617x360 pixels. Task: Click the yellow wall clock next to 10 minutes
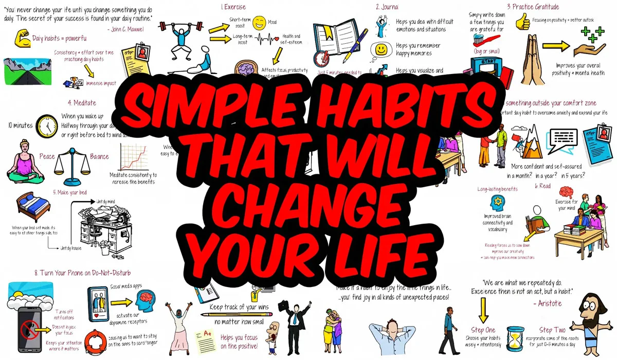tap(47, 125)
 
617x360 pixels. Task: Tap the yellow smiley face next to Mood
tap(259, 23)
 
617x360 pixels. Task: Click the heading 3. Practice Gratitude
tap(532, 7)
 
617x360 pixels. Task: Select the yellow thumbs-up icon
tap(479, 21)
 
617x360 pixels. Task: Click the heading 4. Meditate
tap(82, 103)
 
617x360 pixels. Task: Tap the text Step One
tap(483, 330)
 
